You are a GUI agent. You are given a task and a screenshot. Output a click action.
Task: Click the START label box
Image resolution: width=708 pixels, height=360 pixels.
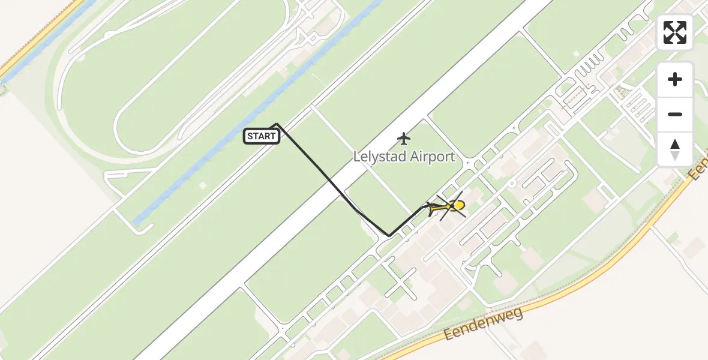261,136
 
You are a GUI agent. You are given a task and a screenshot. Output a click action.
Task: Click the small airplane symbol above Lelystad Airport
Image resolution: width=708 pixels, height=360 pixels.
404,139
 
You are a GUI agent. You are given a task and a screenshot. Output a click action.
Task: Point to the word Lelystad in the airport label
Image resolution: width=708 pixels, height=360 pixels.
380,157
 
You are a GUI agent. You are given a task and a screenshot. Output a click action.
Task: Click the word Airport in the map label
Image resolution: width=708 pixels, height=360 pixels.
433,157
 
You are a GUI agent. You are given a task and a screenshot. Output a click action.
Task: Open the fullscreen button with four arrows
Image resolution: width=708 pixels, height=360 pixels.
675,32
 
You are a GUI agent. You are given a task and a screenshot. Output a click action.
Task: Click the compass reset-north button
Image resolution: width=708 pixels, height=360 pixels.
675,149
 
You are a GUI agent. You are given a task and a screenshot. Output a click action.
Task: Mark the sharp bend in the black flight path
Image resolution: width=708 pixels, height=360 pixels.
389,236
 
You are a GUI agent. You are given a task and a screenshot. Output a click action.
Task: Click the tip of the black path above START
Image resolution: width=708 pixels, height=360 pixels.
276,124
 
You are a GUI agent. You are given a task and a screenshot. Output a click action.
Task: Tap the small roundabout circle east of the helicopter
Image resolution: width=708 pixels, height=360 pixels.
512,183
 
